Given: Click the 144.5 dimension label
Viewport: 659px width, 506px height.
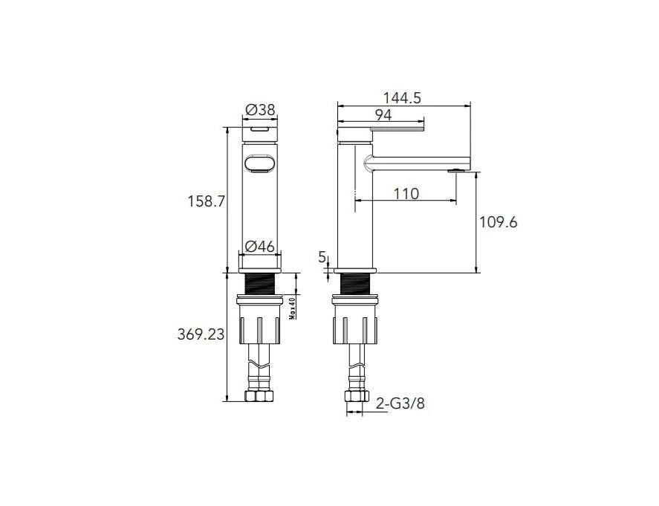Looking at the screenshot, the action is (402, 97).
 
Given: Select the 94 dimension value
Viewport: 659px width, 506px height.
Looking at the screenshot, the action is (383, 114).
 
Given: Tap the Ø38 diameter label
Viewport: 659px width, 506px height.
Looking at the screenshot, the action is (260, 110).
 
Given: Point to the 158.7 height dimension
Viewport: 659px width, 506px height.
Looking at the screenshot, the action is (206, 201).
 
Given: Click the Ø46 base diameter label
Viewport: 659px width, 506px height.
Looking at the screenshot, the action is (260, 246).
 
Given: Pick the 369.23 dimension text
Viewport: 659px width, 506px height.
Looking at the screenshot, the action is (201, 335).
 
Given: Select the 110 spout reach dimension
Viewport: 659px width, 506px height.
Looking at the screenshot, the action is (406, 194).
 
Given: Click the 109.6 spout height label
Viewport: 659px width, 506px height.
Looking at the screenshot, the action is (499, 222).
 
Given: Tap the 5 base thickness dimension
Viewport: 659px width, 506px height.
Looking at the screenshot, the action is (322, 257).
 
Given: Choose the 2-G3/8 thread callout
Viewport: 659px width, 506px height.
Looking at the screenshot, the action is (400, 404).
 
